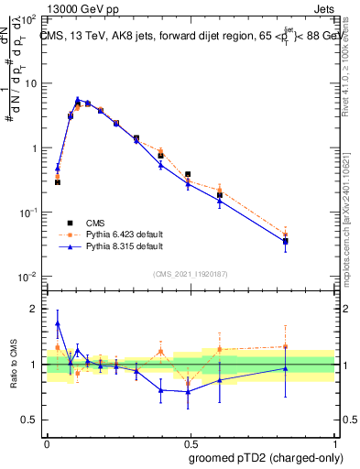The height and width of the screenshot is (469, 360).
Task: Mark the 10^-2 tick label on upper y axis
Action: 27,277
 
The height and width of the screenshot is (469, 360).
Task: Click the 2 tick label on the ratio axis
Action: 34,309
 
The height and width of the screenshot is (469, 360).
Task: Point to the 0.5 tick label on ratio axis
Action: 30,420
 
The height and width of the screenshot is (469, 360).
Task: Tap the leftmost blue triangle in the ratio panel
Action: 58,323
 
